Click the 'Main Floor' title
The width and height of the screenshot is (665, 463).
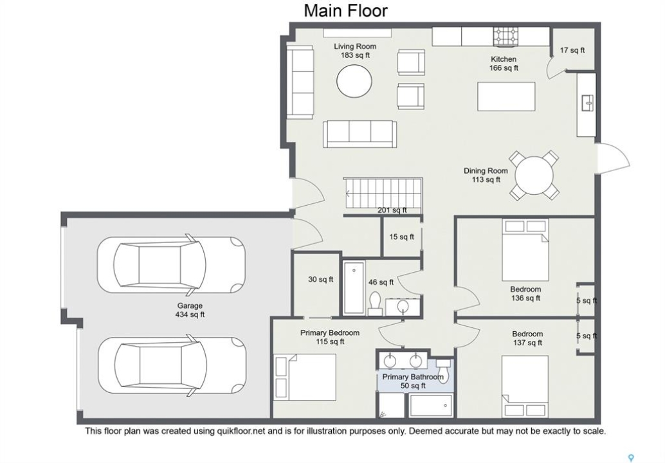345,10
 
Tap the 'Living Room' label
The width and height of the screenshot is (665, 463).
355,46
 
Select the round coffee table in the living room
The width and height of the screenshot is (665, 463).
354,81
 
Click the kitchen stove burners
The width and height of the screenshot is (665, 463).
506,36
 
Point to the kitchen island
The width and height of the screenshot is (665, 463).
506,96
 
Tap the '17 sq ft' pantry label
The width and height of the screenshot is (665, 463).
572,50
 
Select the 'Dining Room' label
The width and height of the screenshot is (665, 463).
486,171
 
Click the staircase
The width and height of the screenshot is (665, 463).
383,194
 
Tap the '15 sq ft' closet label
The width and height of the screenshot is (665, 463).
401,237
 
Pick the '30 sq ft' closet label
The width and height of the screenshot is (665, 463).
321,280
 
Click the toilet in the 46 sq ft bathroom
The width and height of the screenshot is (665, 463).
376,303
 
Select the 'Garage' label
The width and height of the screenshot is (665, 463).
190,305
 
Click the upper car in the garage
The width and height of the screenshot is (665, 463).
171,266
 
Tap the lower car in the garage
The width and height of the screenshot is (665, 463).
172,367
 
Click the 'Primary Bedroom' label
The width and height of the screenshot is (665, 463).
330,333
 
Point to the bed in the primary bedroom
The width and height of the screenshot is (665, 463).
305,376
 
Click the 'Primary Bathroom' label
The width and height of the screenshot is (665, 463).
413,377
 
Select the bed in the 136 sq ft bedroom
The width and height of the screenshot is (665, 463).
525,250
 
